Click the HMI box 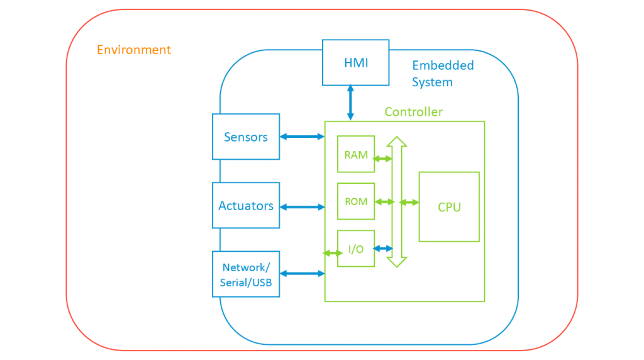point(355,62)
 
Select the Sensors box point(246,137)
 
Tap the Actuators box point(246,206)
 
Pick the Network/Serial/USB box point(246,275)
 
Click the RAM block point(356,154)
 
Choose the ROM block point(356,201)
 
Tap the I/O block point(356,249)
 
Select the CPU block point(449,207)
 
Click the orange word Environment point(134,50)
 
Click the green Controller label point(413,112)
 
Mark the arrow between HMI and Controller point(350,103)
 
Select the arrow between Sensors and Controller point(302,137)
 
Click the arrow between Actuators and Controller point(302,206)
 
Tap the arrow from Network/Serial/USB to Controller point(302,273)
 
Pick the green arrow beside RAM point(382,159)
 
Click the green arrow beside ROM point(384,202)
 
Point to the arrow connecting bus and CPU point(410,202)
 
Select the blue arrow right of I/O point(383,249)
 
